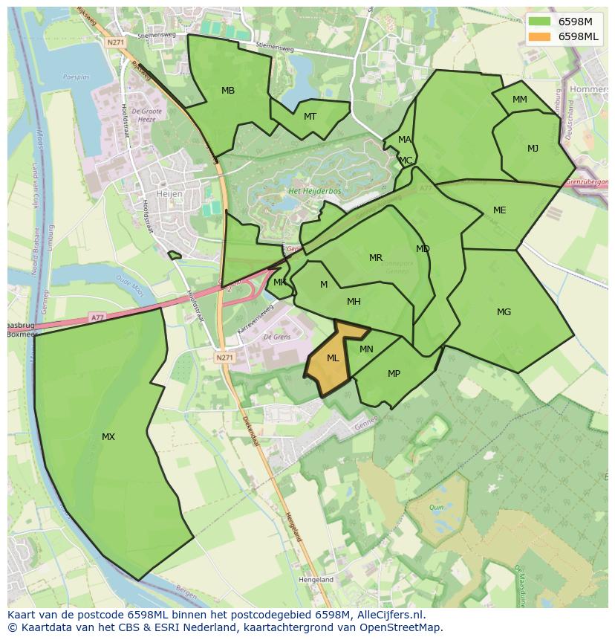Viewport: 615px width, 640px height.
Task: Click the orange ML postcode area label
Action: [x=333, y=358]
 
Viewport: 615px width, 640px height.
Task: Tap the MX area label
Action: [x=108, y=437]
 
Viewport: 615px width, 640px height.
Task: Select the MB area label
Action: [x=228, y=91]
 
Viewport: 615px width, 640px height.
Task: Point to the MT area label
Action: [x=310, y=117]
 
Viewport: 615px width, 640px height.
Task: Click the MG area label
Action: [x=504, y=312]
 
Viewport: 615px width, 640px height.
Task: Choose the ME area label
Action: [x=499, y=210]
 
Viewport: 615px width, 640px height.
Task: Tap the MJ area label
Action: [x=533, y=149]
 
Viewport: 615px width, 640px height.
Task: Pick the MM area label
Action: [x=520, y=100]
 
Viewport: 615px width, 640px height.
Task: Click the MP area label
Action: [x=394, y=374]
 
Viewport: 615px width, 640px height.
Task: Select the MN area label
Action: [x=366, y=349]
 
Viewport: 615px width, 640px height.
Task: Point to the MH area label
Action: [x=354, y=302]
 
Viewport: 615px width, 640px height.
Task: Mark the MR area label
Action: [x=376, y=259]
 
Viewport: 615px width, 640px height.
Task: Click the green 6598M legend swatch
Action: [x=540, y=22]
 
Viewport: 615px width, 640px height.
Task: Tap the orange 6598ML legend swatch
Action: [x=540, y=36]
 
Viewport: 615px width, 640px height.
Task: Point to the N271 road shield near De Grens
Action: [x=224, y=358]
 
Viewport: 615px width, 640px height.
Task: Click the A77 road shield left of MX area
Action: [x=97, y=317]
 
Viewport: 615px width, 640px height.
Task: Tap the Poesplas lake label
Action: [x=76, y=77]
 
